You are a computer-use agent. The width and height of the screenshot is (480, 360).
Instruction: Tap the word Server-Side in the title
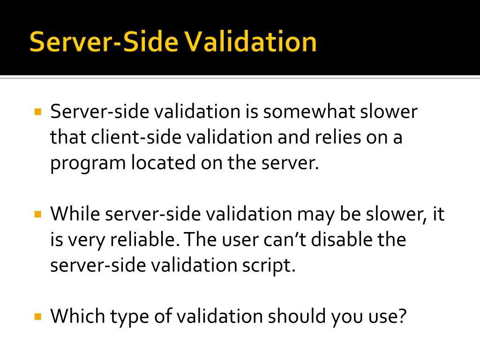pos(104,42)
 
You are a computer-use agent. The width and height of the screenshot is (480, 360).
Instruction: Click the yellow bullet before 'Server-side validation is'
pos(38,112)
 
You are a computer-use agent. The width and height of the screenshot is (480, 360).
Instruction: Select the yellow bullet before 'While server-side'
pos(38,214)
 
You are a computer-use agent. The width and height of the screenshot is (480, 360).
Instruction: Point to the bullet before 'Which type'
pos(38,316)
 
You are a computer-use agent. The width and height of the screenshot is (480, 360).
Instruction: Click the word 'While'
pos(75,214)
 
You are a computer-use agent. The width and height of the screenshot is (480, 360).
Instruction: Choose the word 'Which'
pos(77,316)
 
